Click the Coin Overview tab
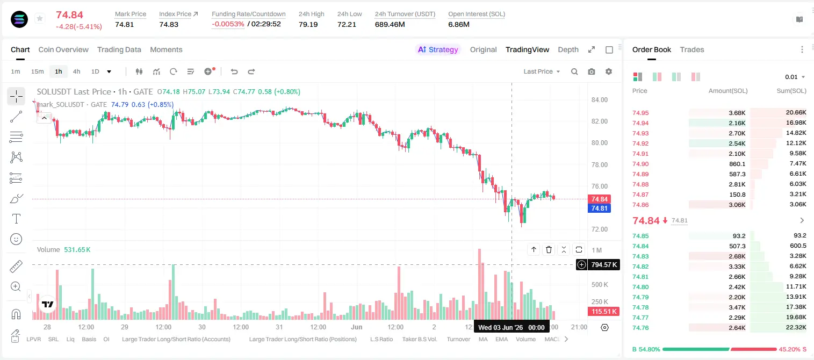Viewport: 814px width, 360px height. (63, 49)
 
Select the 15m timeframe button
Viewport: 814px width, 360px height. (37, 71)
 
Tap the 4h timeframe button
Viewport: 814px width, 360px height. (76, 71)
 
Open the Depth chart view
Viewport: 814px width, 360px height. (568, 49)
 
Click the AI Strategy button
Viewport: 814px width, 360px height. (438, 49)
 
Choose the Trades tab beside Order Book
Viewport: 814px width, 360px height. (692, 49)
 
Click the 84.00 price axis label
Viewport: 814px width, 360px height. (599, 99)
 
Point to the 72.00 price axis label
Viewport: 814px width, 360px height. (599, 229)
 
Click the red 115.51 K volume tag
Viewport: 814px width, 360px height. (603, 311)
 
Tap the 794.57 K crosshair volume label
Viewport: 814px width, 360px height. (604, 265)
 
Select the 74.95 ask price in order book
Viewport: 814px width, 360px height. (640, 113)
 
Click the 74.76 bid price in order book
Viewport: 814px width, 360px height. (640, 328)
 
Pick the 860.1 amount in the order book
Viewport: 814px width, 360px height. (737, 164)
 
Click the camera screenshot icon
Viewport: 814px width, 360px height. (592, 71)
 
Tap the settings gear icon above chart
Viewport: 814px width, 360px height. (609, 71)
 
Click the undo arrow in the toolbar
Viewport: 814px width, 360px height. (234, 71)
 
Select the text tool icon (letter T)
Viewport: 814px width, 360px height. (16, 219)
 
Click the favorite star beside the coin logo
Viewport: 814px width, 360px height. (40, 18)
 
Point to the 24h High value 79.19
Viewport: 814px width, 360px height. (308, 24)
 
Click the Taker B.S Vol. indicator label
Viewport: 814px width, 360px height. (419, 339)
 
